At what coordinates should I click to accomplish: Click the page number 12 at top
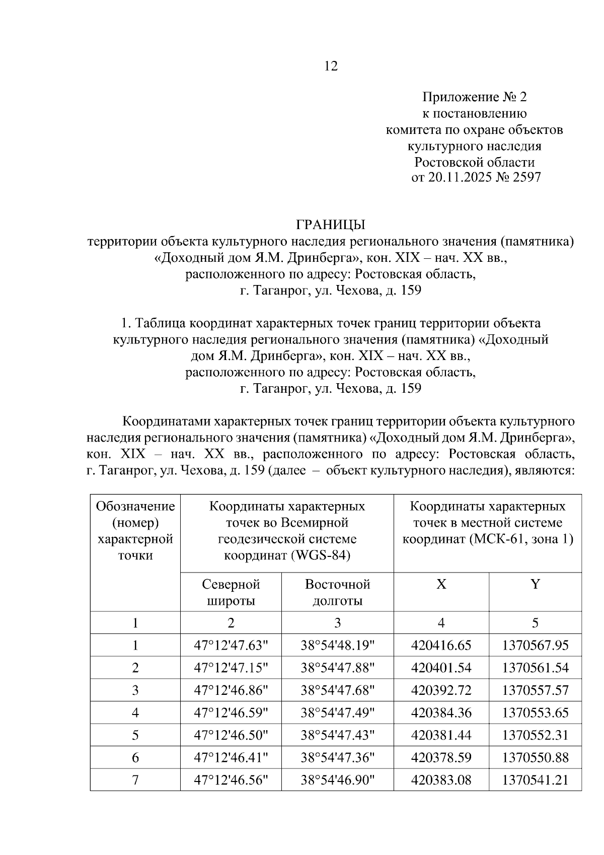[x=331, y=66]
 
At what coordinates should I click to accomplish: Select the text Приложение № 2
[x=474, y=97]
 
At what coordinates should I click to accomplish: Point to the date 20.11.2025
[x=460, y=178]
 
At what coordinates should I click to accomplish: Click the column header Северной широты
[x=231, y=592]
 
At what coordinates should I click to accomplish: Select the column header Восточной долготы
[x=337, y=592]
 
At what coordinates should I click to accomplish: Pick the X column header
[x=441, y=584]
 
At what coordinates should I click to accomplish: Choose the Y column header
[x=535, y=584]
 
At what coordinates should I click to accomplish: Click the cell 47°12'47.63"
[x=231, y=646]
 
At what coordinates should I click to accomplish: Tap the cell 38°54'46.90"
[x=337, y=780]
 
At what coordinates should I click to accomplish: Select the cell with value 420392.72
[x=441, y=690]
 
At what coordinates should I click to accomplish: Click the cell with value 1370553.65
[x=535, y=713]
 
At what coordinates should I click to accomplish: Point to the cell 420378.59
[x=441, y=758]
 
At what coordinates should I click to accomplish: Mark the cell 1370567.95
[x=535, y=646]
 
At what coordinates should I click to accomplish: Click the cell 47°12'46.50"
[x=231, y=735]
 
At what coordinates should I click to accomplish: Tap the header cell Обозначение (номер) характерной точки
[x=135, y=531]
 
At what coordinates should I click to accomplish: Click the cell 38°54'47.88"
[x=337, y=668]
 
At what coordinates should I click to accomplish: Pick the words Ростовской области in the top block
[x=474, y=162]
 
